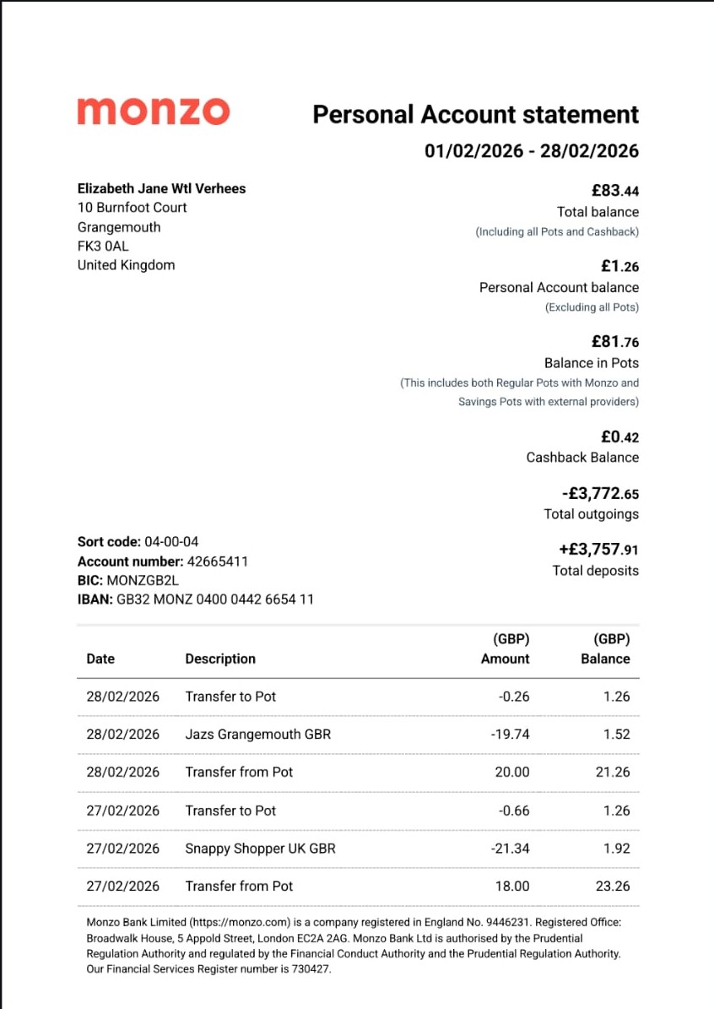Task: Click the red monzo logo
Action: click(x=153, y=111)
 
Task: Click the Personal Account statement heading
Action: click(x=475, y=114)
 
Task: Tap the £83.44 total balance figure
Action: click(x=614, y=190)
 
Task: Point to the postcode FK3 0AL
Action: click(x=103, y=246)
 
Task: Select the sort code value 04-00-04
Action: click(x=171, y=541)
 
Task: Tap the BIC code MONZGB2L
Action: click(x=143, y=581)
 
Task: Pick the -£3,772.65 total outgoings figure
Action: click(x=600, y=494)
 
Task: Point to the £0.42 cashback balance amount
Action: click(x=619, y=437)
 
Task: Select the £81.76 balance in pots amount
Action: click(x=614, y=342)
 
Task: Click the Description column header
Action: click(x=220, y=659)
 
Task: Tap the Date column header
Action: click(x=100, y=659)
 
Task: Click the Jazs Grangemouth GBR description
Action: click(x=257, y=735)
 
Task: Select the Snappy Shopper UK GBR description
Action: click(x=260, y=849)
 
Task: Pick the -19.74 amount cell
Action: click(x=510, y=735)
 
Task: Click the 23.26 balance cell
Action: click(x=612, y=887)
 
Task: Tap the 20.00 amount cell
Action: click(x=512, y=772)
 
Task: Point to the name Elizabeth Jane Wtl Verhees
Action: click(x=161, y=188)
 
